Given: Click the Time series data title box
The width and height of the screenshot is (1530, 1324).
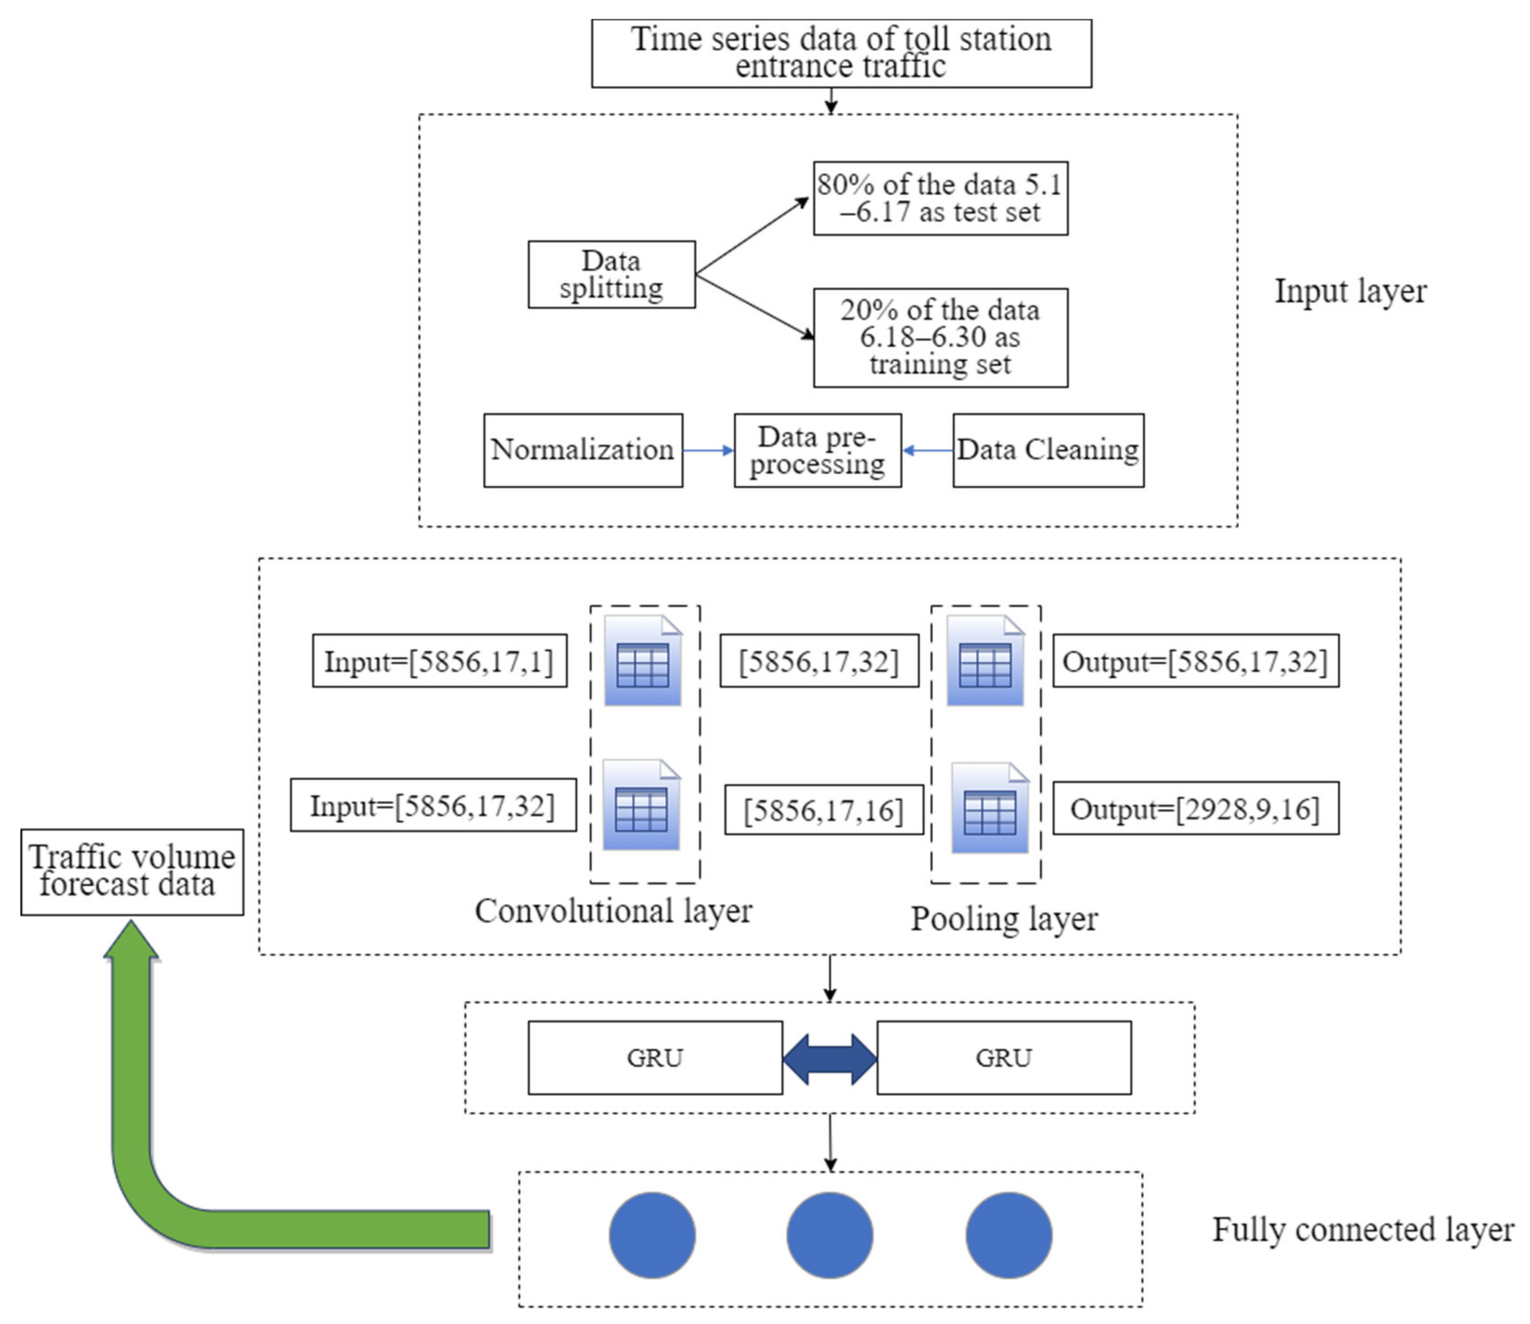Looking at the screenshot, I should tap(841, 53).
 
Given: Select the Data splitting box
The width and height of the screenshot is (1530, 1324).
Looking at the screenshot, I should tap(611, 274).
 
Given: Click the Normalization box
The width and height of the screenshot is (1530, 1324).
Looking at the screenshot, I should tap(583, 450).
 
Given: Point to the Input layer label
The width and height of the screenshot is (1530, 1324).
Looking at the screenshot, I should tap(1350, 291).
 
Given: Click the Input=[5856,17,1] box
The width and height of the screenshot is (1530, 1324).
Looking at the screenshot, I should tap(439, 661).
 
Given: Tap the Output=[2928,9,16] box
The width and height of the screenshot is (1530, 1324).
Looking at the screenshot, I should tap(1195, 808).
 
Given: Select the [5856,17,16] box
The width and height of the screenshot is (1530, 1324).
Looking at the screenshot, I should tap(823, 810).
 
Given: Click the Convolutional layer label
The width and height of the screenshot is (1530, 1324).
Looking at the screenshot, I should tap(613, 911).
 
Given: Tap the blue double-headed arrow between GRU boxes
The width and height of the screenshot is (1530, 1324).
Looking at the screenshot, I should tap(830, 1059).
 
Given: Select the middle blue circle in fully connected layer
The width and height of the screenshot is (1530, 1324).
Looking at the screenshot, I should tap(829, 1235).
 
